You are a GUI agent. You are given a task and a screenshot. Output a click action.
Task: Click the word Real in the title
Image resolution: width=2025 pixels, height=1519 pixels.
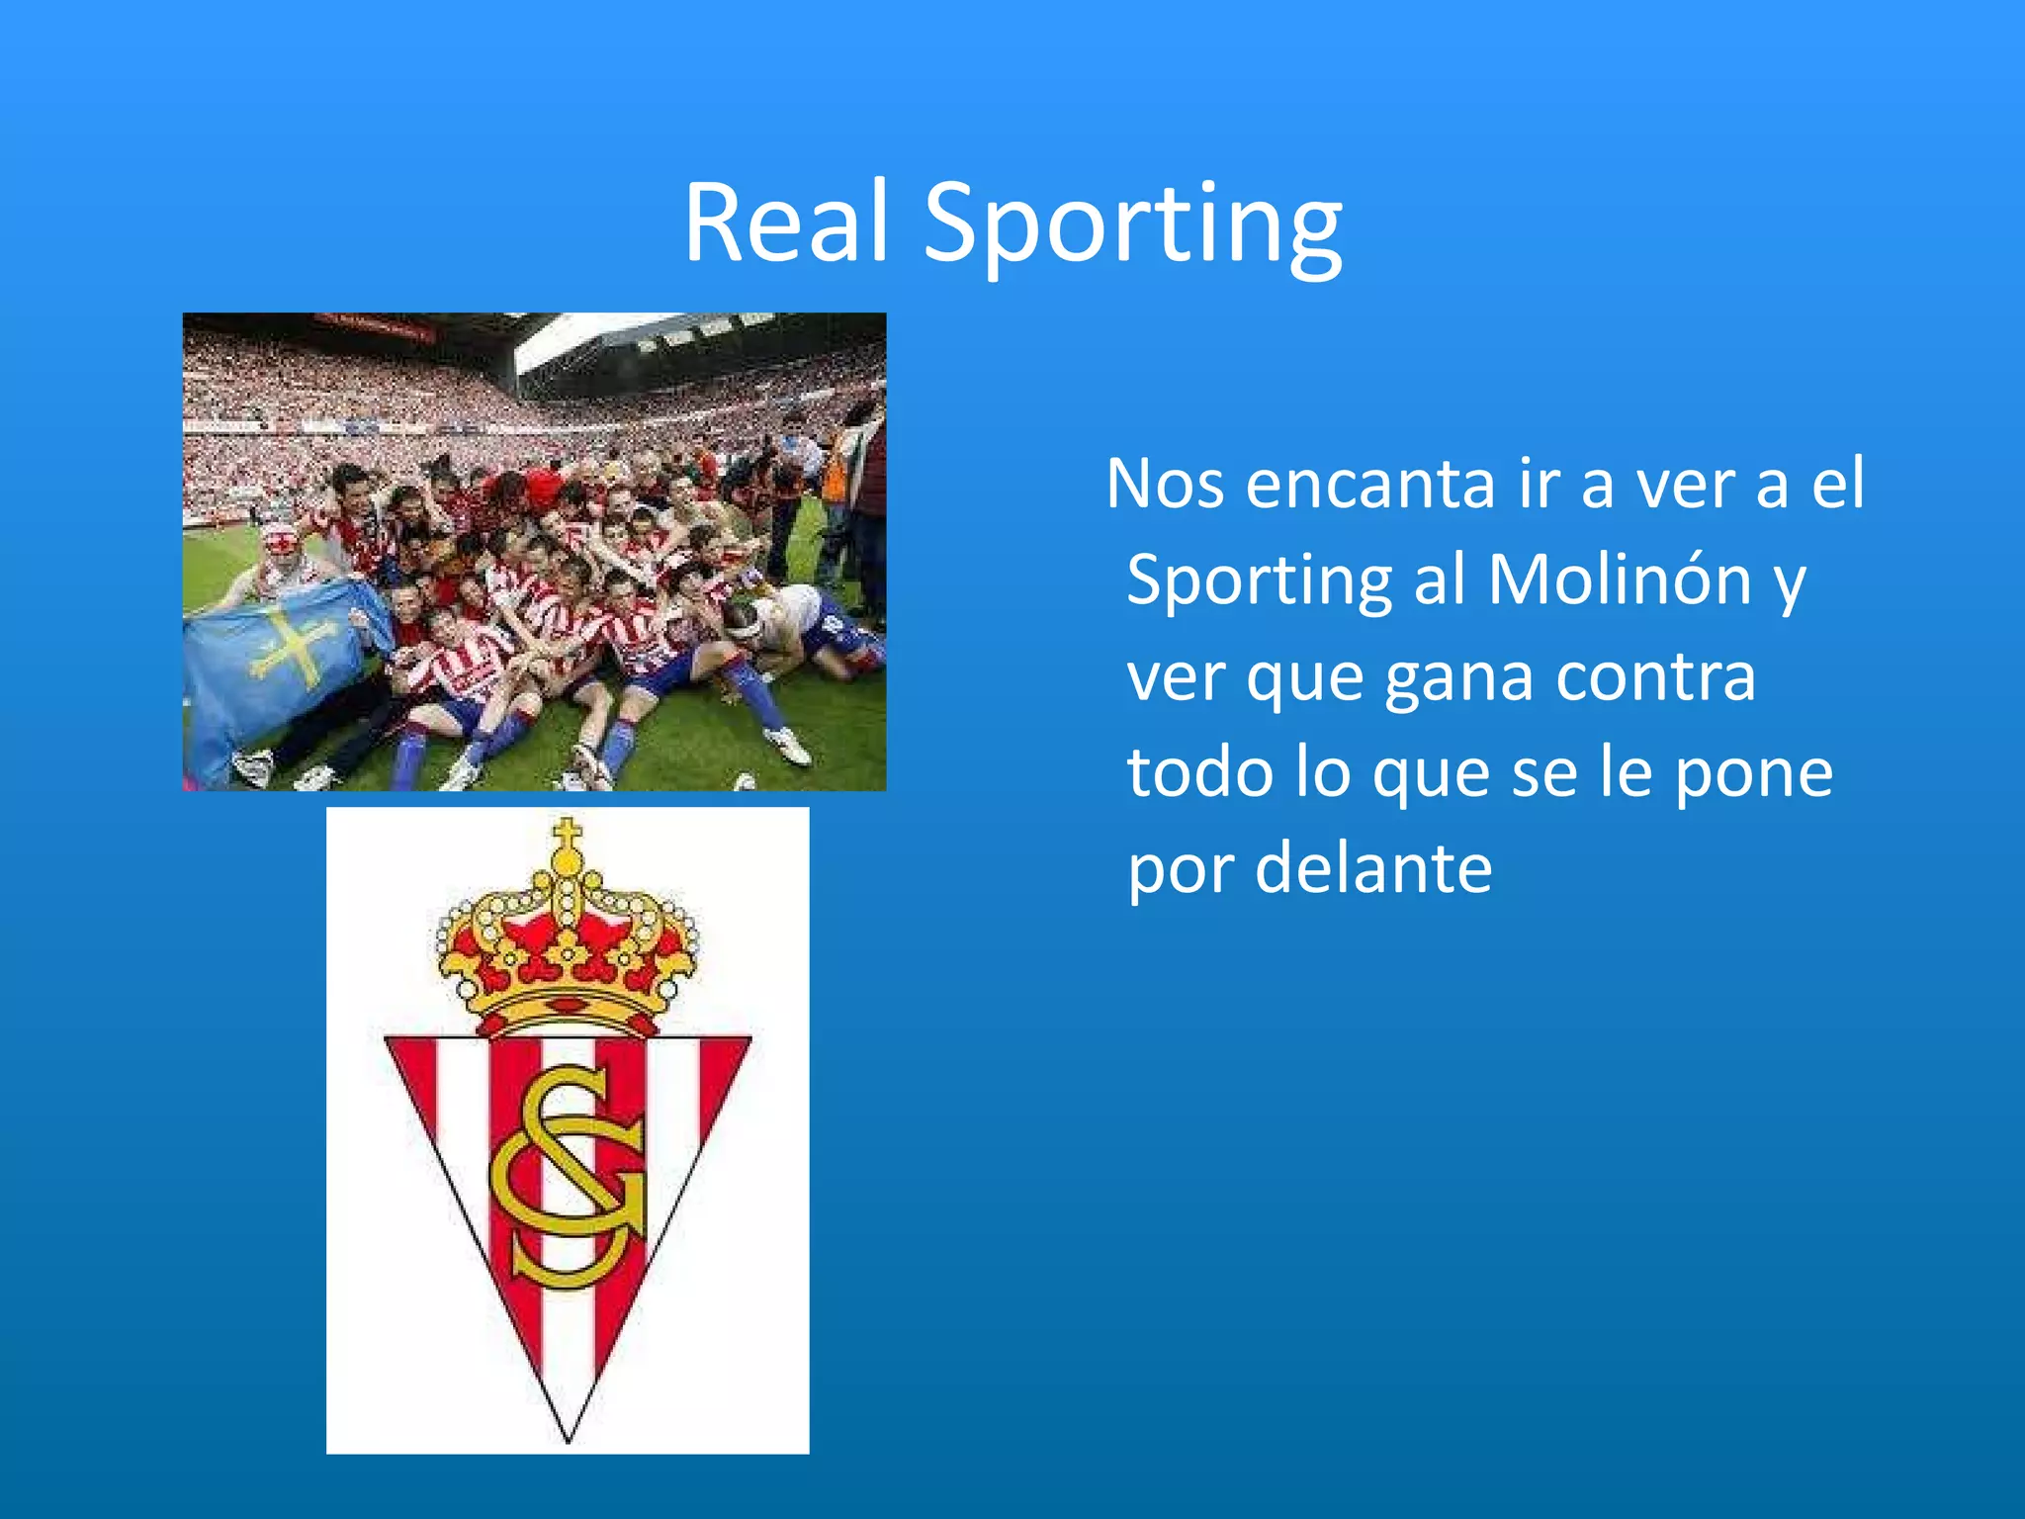(787, 223)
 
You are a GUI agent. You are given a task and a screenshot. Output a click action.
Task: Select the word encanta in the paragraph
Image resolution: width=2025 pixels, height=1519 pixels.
(1370, 485)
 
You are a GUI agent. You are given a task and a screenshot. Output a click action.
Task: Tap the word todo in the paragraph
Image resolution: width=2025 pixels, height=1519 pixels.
(1199, 772)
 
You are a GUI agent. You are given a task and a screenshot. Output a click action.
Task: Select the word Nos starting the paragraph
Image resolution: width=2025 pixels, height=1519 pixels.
(1165, 485)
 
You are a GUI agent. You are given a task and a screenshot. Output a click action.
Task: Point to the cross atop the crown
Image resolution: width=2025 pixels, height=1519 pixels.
(567, 837)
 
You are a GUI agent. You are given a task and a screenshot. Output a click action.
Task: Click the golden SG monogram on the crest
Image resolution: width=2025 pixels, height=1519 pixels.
(568, 1177)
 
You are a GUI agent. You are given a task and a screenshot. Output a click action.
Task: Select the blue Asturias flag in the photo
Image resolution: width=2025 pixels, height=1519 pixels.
(277, 663)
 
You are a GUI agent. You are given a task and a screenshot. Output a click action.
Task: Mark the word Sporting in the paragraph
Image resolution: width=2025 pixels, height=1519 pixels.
(1259, 581)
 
